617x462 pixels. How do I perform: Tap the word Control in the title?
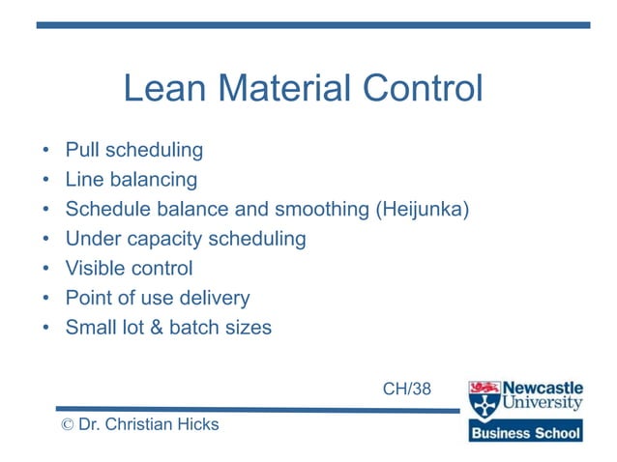pos(422,90)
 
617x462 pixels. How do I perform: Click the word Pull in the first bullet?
pos(82,151)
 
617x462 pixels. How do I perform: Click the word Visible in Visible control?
pos(95,268)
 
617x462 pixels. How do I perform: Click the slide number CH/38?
pos(407,390)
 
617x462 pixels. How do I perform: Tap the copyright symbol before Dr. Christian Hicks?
pos(67,425)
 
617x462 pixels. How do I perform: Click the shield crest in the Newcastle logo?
pos(484,399)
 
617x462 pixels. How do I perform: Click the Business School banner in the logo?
pos(526,433)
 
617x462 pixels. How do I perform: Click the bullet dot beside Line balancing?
pos(45,181)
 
